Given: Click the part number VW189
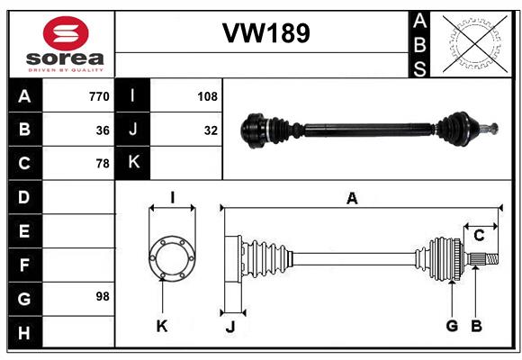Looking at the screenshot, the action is (x=266, y=33).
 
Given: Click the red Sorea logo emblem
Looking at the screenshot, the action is (x=66, y=33).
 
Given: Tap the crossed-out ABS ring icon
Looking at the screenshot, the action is (x=475, y=44).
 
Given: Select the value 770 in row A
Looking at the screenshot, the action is (x=99, y=96).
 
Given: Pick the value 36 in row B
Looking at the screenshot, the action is (x=103, y=130).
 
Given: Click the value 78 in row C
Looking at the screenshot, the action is (x=103, y=164).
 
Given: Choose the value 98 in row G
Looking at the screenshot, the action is (x=103, y=296).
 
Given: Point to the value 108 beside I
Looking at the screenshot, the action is (x=207, y=96).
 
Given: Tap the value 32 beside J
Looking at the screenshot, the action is (x=211, y=130).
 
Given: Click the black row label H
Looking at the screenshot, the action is (x=25, y=332).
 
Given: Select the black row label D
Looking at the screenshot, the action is (x=25, y=197).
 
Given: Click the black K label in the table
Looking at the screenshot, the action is (x=132, y=163).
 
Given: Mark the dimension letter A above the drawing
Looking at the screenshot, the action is (x=352, y=199).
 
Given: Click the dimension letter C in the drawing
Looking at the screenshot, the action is (x=479, y=236).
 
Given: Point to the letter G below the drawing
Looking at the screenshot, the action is (x=452, y=326).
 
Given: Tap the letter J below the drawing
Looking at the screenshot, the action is (x=230, y=327).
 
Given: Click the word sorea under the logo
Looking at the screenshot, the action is (x=65, y=58).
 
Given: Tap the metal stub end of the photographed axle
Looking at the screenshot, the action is (x=490, y=128).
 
